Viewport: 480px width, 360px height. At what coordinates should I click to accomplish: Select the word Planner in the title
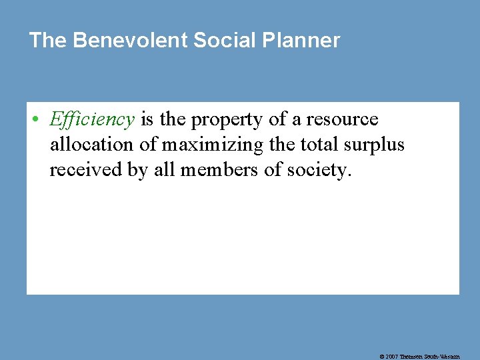coord(301,41)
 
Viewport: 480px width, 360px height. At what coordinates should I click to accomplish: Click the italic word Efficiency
coord(92,120)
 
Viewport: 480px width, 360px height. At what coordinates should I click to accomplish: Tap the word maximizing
coord(197,145)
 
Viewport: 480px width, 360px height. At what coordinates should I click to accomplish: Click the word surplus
coord(373,145)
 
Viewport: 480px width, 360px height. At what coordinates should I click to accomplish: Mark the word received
coord(85,170)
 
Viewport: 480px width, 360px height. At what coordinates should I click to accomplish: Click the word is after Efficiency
coord(149,120)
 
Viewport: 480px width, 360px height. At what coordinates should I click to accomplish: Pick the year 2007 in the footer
coord(393,357)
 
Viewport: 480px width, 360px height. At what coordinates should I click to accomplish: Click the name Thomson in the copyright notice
coord(413,357)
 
